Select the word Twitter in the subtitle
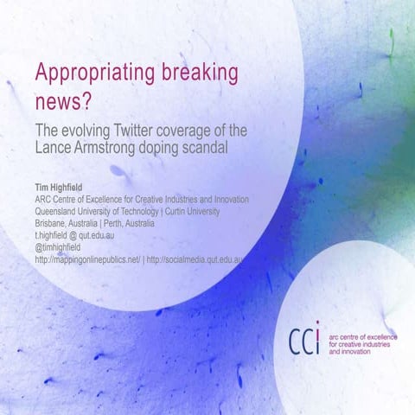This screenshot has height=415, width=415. (129, 131)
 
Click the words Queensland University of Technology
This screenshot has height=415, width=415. (96, 211)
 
